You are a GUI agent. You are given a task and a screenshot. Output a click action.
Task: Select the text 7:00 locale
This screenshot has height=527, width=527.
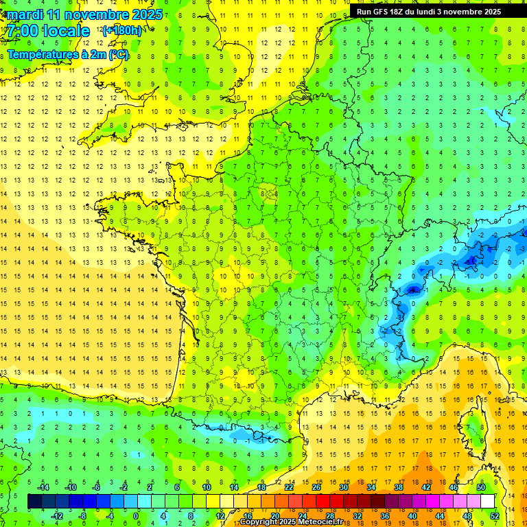(x=47, y=31)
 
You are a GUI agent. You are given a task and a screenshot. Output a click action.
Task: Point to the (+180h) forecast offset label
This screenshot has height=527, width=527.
(x=122, y=31)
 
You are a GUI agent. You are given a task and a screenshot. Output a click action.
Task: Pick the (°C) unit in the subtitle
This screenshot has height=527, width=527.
(x=118, y=55)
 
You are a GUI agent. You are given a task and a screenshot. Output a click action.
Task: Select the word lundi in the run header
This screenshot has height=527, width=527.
(x=435, y=12)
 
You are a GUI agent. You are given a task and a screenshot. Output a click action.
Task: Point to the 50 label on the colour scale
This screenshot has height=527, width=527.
(x=481, y=487)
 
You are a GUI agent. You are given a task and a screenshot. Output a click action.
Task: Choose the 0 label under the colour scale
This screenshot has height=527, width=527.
(x=136, y=515)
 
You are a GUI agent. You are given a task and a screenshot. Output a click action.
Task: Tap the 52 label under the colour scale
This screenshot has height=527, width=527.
(x=495, y=515)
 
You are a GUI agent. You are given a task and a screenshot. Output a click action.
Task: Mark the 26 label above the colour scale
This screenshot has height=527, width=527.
(x=316, y=487)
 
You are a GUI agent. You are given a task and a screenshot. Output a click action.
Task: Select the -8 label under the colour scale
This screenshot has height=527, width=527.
(x=82, y=515)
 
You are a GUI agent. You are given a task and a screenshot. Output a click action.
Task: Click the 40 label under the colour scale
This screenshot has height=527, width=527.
(x=412, y=515)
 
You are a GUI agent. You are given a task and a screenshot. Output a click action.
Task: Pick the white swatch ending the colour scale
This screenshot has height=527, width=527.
(x=487, y=501)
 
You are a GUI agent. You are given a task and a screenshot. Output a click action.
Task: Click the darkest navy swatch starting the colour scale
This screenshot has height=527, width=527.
(x=34, y=501)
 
